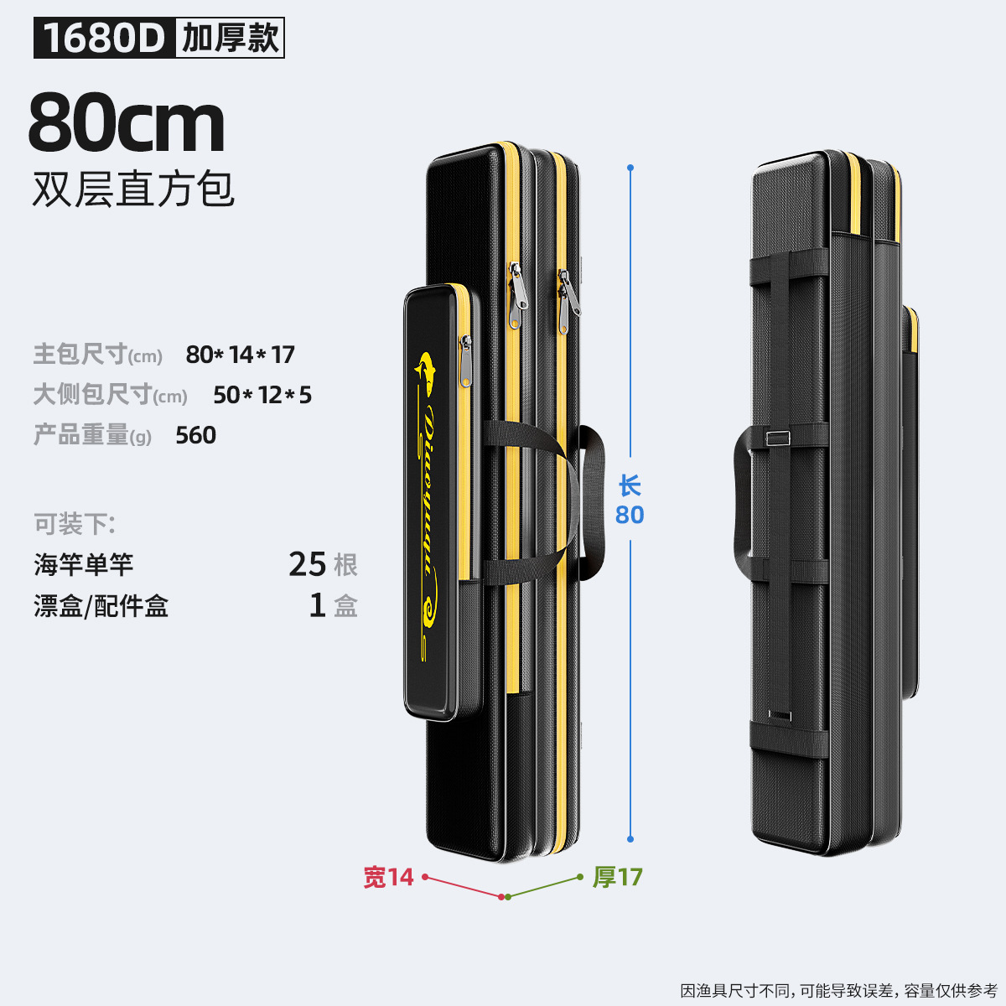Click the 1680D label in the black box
coord(104,39)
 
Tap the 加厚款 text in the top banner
coord(230,39)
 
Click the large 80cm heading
coord(127,123)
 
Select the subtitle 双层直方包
coord(133,189)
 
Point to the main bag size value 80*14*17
coord(241,355)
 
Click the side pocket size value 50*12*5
coord(262,395)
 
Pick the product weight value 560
coord(196,435)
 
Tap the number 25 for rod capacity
coord(307,564)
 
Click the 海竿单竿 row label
coord(84,564)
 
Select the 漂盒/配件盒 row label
coord(101,605)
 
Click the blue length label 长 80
coord(630,500)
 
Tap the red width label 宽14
coord(388,877)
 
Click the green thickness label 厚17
coord(618,877)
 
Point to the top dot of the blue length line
coord(630,168)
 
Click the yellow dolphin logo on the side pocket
coord(427,374)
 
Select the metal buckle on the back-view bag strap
coord(779,438)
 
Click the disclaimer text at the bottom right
coord(838,991)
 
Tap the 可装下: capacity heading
coord(75,525)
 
